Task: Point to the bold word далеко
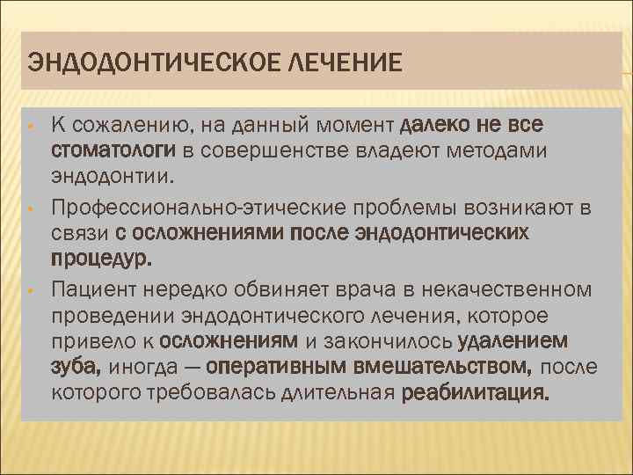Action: (441, 125)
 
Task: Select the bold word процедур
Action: (102, 259)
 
